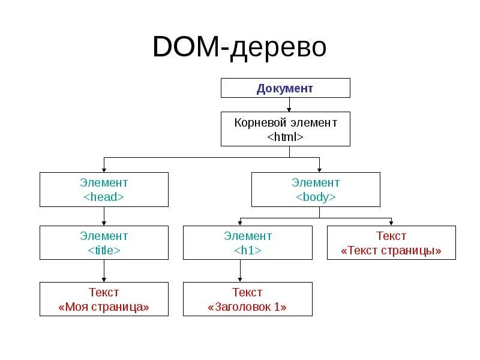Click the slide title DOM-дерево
[x=239, y=47]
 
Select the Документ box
[x=285, y=88]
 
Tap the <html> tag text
[x=285, y=137]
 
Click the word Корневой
[x=259, y=122]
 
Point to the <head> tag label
[x=104, y=197]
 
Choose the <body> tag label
[x=316, y=197]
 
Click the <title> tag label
[x=104, y=250]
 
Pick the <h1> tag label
[x=247, y=250]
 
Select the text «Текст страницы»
[x=391, y=250]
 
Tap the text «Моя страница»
[x=104, y=307]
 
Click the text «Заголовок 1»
[x=247, y=307]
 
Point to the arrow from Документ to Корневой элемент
[x=289, y=105]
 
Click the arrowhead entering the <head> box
[x=104, y=169]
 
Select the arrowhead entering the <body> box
[x=319, y=169]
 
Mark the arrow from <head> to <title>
[x=104, y=217]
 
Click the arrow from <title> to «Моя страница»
[x=104, y=271]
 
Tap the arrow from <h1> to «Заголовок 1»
[x=240, y=271]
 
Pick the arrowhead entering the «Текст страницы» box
[x=391, y=223]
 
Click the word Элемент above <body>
[x=316, y=182]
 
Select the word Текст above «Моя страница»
[x=104, y=292]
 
